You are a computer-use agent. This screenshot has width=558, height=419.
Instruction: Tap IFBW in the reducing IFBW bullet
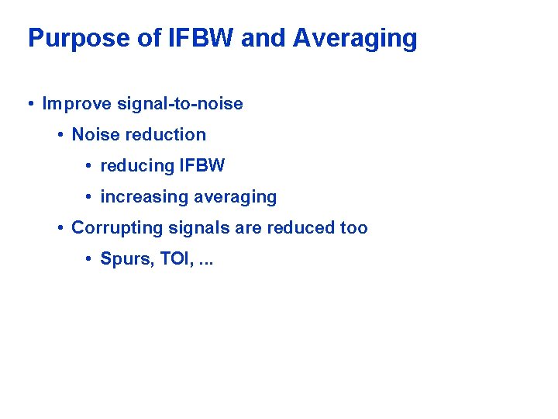[201, 166]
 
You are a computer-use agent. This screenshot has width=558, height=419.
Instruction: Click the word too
[353, 228]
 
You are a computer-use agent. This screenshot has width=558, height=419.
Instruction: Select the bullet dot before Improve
[30, 104]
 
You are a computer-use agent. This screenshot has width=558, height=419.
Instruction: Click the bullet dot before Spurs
[89, 259]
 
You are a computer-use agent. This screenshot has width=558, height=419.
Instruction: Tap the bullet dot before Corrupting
[60, 228]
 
